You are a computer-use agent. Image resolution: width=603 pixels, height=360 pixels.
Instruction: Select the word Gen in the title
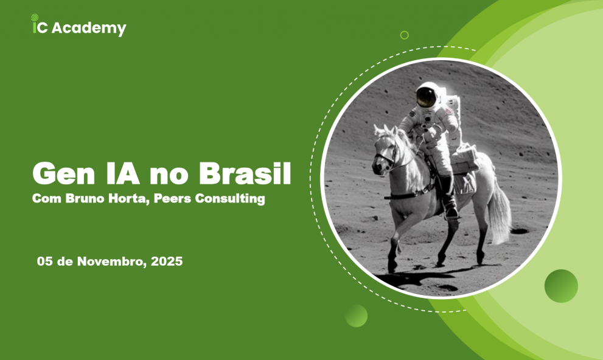pos(60,175)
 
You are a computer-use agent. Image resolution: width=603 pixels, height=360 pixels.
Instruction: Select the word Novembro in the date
pos(106,262)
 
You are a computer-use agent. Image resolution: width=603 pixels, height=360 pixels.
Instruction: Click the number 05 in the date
pos(44,262)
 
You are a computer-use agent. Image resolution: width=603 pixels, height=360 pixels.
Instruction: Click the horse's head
pos(385,149)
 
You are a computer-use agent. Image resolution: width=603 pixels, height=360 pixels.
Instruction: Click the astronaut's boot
pos(450,210)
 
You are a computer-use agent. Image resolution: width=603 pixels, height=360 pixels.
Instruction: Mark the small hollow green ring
pos(404,35)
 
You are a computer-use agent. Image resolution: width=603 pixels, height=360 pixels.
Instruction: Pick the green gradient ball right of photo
pos(561,286)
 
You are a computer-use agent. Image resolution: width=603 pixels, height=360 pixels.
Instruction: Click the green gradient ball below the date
pos(356,316)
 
